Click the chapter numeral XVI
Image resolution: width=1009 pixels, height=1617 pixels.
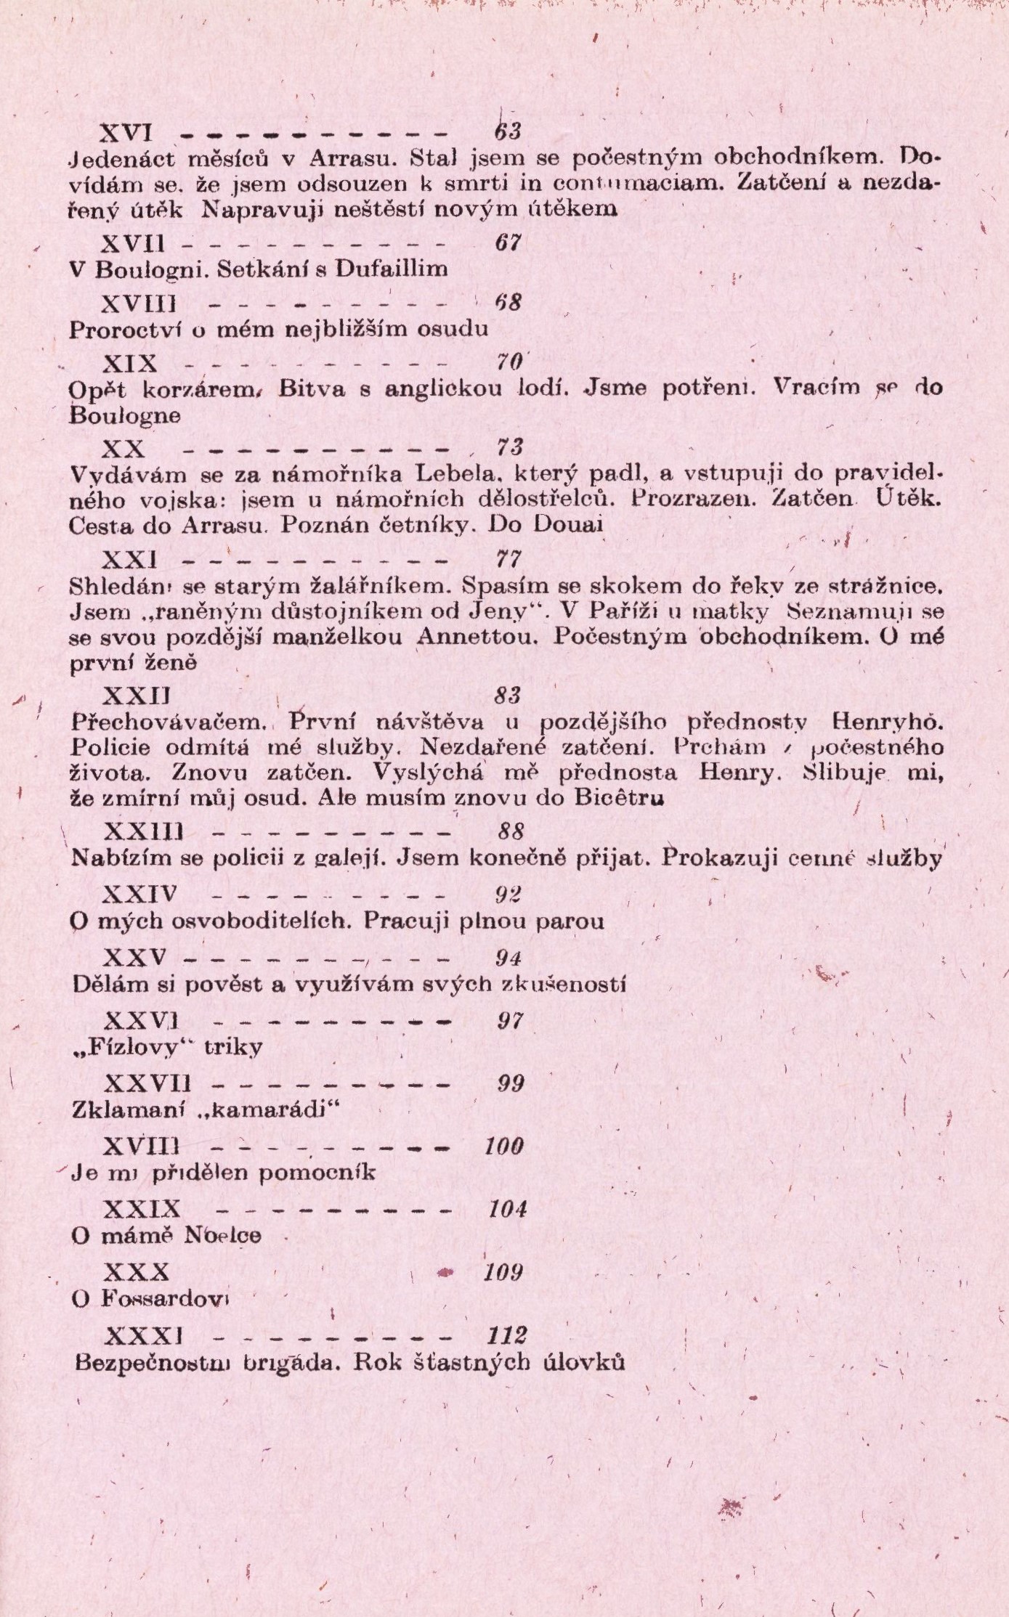coord(125,133)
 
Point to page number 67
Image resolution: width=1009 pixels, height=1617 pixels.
coord(508,243)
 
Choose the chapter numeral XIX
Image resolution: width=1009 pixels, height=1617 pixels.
coord(131,363)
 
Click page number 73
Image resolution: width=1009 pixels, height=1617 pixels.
coord(510,447)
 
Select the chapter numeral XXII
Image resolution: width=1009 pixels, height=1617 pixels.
coord(136,696)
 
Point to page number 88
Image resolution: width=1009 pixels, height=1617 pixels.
coord(511,831)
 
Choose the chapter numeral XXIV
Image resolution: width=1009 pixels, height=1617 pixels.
coord(139,894)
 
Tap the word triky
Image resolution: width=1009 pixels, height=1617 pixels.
coord(233,1047)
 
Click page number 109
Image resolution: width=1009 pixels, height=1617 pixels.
coord(504,1272)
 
